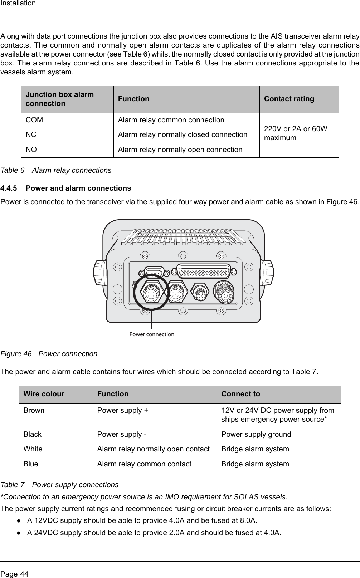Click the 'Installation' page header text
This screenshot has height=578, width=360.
click(18, 4)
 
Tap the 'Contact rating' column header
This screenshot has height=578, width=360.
click(289, 99)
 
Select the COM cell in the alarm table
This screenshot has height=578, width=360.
click(34, 120)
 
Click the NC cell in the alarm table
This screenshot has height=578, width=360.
click(31, 135)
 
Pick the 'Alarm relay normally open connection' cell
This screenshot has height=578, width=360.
click(180, 150)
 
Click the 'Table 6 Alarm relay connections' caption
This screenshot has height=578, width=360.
click(57, 170)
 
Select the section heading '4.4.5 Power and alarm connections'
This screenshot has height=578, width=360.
click(66, 188)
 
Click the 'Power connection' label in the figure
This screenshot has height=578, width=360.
click(152, 334)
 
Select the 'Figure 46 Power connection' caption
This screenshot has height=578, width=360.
click(49, 354)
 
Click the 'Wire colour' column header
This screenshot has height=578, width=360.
click(44, 394)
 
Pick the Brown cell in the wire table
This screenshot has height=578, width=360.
click(34, 411)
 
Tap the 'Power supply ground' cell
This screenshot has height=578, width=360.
click(256, 435)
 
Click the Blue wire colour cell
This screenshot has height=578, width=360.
click(31, 464)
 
